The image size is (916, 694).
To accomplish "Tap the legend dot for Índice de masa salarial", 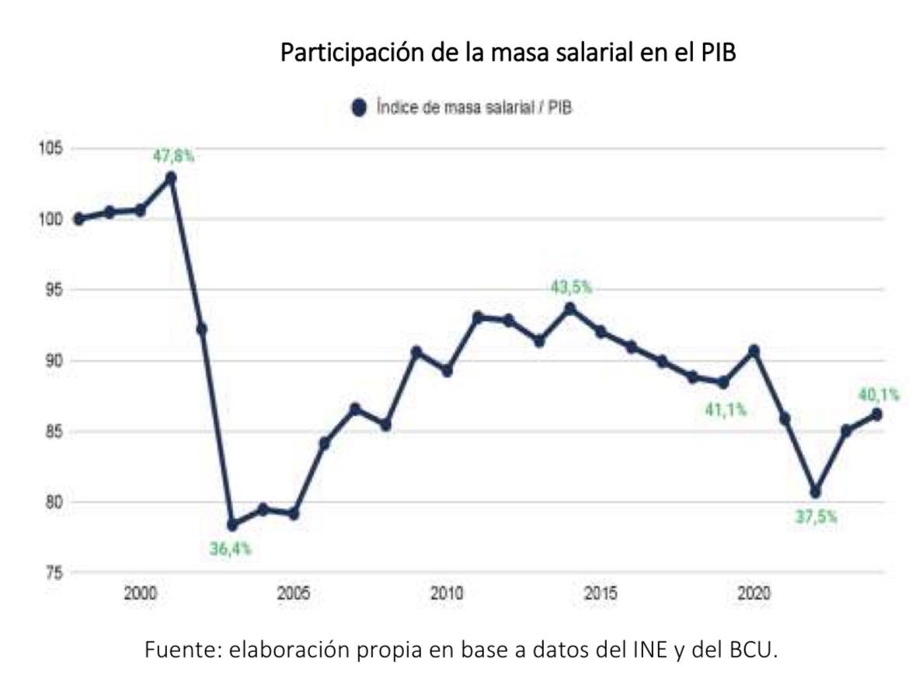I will (359, 109).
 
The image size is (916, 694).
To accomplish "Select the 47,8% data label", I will (173, 157).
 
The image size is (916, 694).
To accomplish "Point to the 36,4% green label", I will (231, 550).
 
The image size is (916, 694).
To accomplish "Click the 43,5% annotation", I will (570, 287).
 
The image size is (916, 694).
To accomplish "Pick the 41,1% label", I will (725, 410).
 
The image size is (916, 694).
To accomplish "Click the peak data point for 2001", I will (171, 178).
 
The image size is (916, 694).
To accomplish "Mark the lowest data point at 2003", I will (232, 525).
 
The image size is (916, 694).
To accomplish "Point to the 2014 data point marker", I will (570, 309).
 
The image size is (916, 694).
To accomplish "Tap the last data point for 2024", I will (876, 415).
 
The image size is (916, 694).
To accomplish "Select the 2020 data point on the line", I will (754, 351).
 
